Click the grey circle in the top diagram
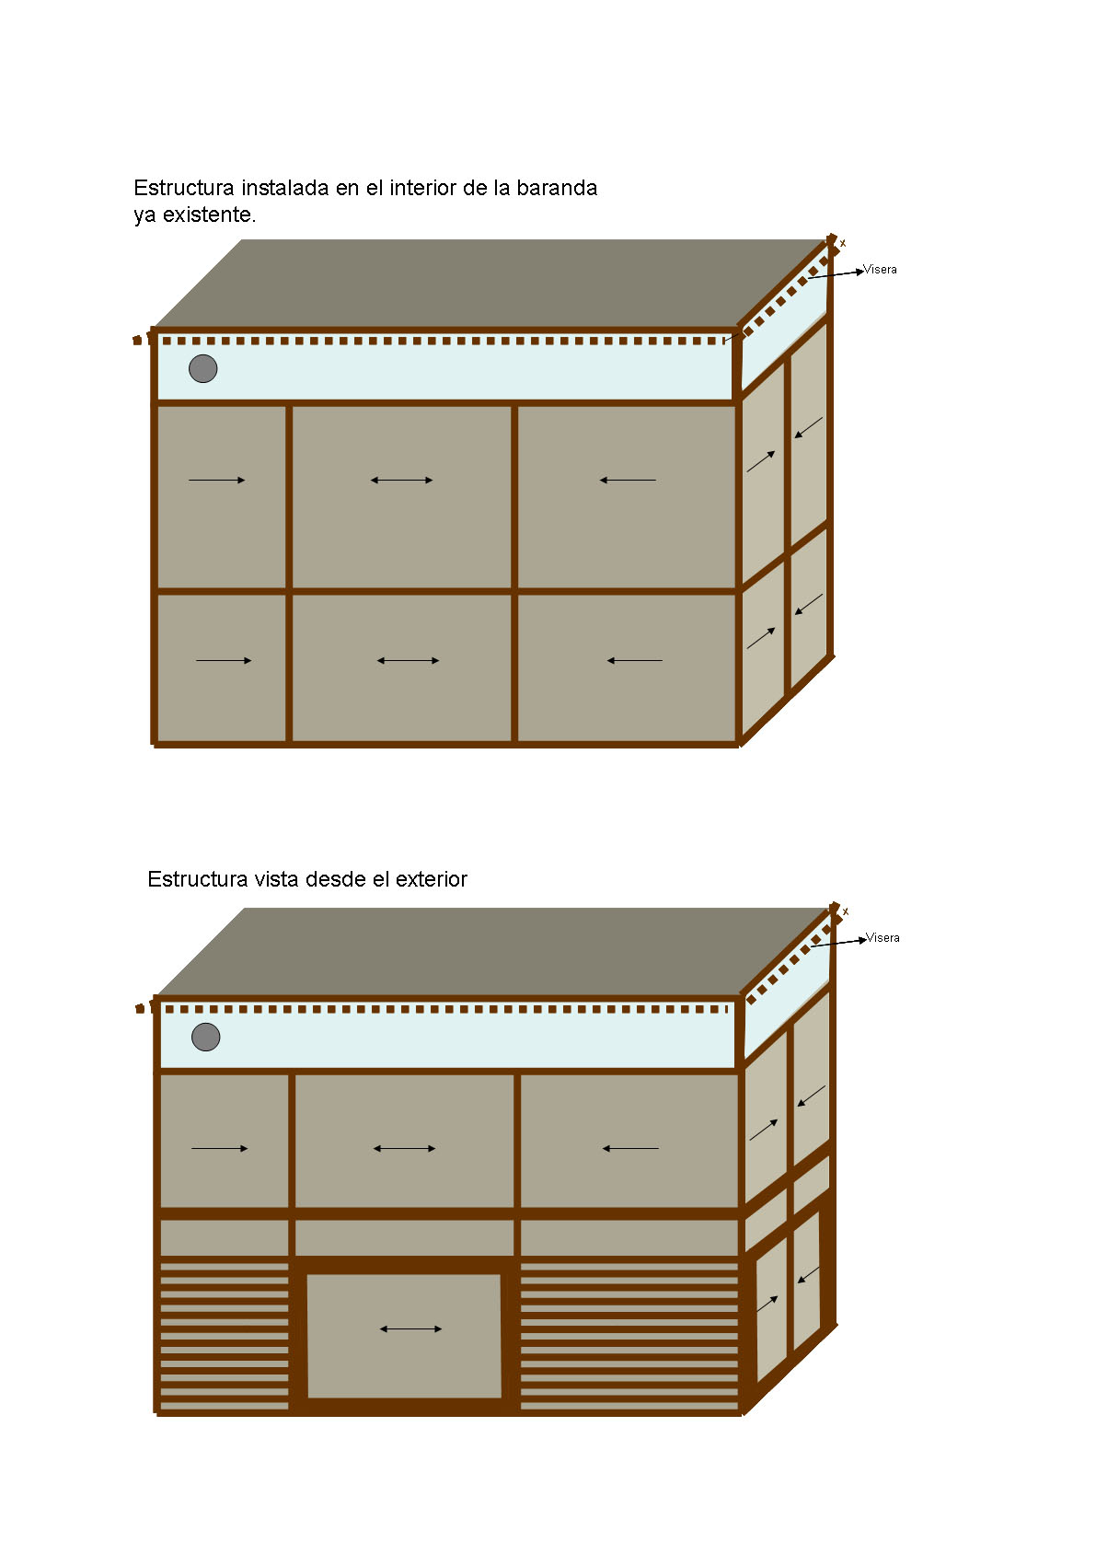coord(203,368)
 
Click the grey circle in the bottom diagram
coord(205,1037)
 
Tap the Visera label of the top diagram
coord(880,269)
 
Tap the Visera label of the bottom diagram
coord(883,937)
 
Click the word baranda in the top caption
coord(557,188)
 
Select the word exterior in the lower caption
coord(432,879)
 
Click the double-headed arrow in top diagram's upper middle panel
coord(402,481)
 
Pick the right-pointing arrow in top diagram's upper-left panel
coord(217,481)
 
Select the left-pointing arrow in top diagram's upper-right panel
coord(628,481)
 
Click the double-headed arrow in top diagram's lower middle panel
coord(409,661)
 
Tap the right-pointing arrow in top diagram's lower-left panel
coord(224,661)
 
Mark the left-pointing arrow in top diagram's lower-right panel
coord(635,661)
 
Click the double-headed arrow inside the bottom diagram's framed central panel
coord(411,1329)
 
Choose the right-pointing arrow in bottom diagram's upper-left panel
coord(220,1149)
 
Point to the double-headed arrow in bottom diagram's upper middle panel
coord(405,1149)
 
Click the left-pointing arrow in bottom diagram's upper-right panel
coord(630,1149)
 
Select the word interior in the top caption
coord(423,188)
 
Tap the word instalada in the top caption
coord(285,188)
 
